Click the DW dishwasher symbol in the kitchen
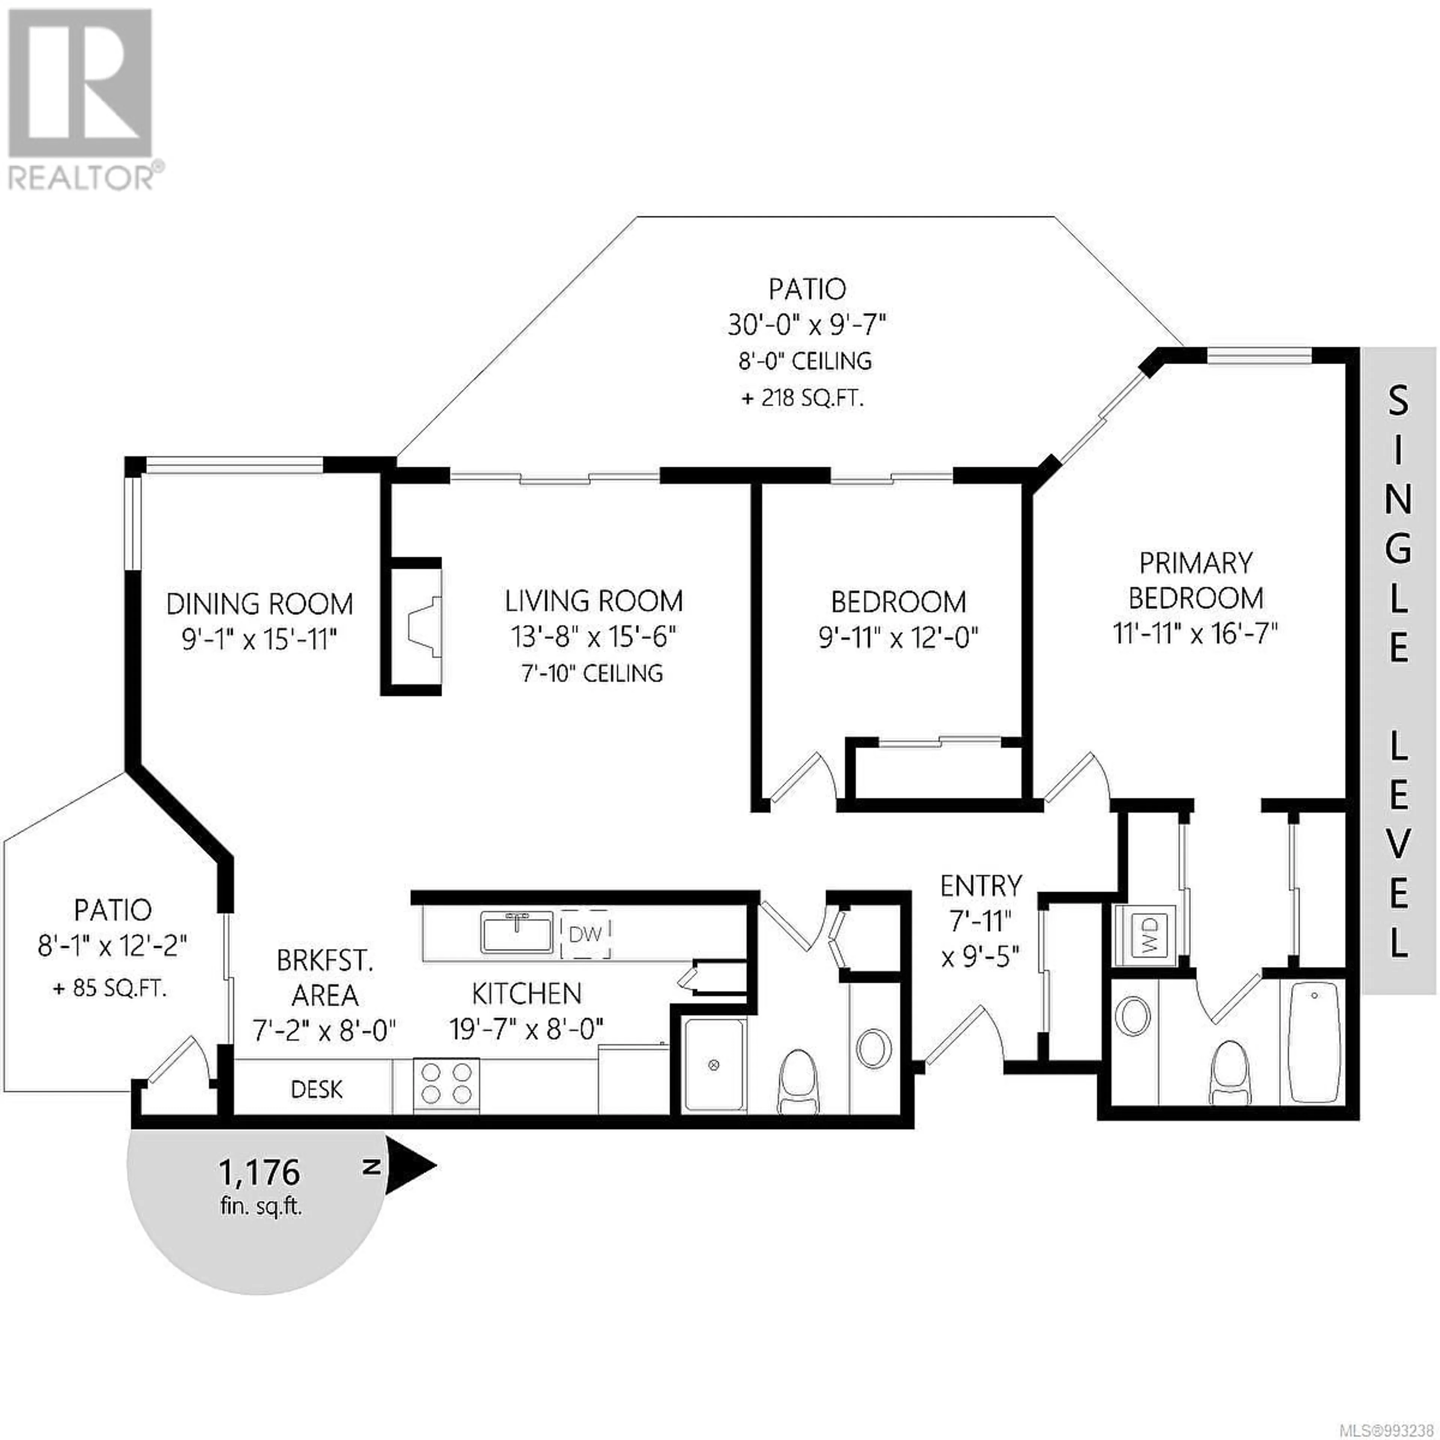click(x=586, y=933)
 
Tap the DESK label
click(x=317, y=1090)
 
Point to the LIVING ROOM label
click(x=594, y=601)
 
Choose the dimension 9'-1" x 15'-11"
click(x=259, y=639)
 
